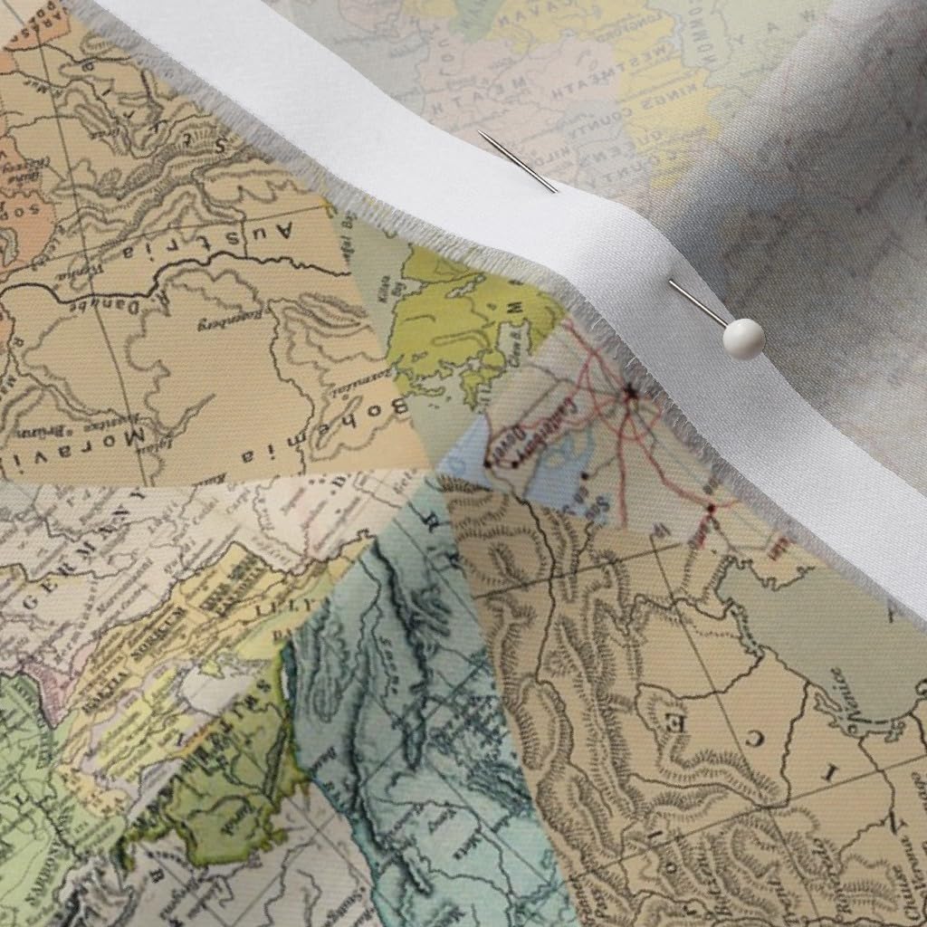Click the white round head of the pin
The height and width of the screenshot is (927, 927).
[x=743, y=339]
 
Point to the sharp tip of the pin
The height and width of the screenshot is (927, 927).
[x=480, y=132]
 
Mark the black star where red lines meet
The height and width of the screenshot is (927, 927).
[x=630, y=392]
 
